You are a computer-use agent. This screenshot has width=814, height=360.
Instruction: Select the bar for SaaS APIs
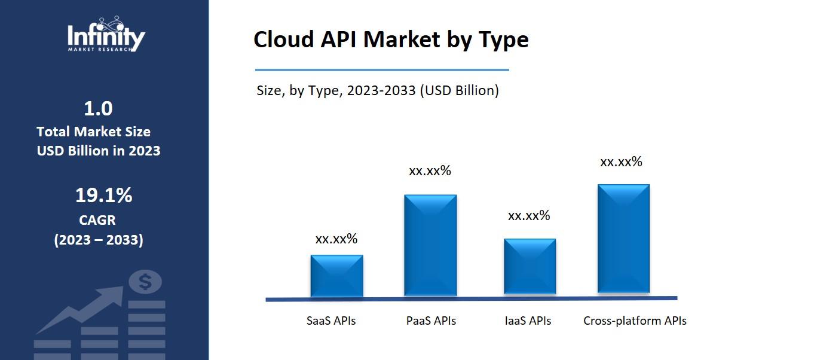pos(336,276)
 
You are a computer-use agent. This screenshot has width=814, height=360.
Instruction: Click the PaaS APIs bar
pos(430,245)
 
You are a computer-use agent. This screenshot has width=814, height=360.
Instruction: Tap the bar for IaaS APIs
pos(530,267)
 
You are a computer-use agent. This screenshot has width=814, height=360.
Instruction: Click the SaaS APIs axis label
pos(331,321)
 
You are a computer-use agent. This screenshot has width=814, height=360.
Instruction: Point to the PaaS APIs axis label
pos(431,321)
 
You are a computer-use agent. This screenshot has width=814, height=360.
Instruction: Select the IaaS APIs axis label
pos(528,321)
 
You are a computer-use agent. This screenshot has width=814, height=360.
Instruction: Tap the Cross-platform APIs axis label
pos(635,321)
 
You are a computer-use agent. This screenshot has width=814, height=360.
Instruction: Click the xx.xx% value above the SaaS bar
pos(336,239)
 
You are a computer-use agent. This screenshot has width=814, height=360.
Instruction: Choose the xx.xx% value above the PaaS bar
pos(430,171)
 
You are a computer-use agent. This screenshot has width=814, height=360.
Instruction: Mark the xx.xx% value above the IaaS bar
pos(529,216)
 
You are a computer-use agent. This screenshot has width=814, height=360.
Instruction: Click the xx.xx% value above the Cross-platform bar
pos(621,162)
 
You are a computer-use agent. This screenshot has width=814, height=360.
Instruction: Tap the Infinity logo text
pos(106,37)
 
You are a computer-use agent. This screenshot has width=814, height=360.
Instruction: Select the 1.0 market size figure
pos(99,109)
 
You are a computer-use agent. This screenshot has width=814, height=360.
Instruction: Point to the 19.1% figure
pos(103,196)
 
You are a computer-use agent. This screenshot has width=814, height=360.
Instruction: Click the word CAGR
pos(97,220)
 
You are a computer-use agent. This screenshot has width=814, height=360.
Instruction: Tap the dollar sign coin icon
pos(145,281)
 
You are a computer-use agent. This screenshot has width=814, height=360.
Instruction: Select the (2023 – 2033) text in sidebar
pos(99,240)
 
